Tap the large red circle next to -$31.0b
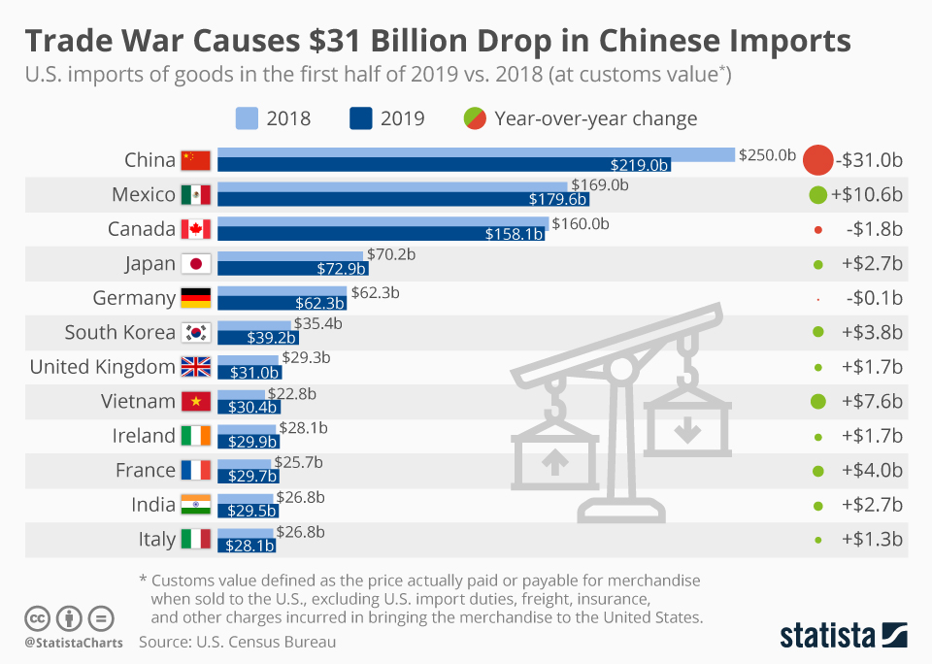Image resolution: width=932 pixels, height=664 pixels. click(x=818, y=160)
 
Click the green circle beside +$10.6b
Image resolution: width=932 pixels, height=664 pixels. click(x=817, y=195)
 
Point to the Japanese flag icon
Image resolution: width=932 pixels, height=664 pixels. click(x=195, y=264)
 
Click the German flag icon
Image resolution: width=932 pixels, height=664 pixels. click(x=195, y=298)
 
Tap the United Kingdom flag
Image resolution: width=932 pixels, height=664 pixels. click(x=195, y=367)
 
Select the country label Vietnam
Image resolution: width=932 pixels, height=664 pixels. click(x=138, y=401)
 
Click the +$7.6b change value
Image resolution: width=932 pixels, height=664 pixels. click(x=872, y=401)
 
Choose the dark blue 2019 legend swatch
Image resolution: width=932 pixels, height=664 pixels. click(x=361, y=118)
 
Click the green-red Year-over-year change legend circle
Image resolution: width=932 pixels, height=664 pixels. click(x=475, y=118)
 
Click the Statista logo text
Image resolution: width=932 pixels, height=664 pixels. click(x=825, y=636)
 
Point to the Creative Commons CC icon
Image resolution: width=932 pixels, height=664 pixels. click(x=37, y=617)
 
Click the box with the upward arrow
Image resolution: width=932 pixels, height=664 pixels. click(x=554, y=455)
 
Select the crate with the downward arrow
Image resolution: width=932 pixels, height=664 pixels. click(x=686, y=428)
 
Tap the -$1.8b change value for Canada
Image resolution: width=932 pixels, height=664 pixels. click(x=872, y=230)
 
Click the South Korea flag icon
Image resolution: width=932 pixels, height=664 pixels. click(x=195, y=333)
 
